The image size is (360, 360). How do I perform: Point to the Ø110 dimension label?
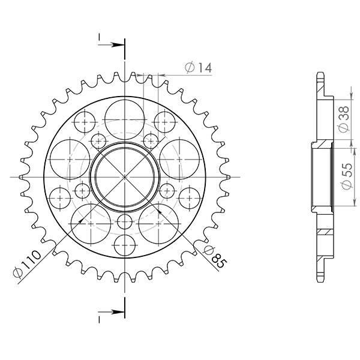pyautogui.click(x=26, y=264)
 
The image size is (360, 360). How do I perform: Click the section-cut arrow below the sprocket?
pyautogui.click(x=111, y=313)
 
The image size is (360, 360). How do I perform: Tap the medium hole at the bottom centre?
pyautogui.click(x=124, y=245)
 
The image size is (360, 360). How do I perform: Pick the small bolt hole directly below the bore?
pyautogui.click(x=124, y=220)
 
